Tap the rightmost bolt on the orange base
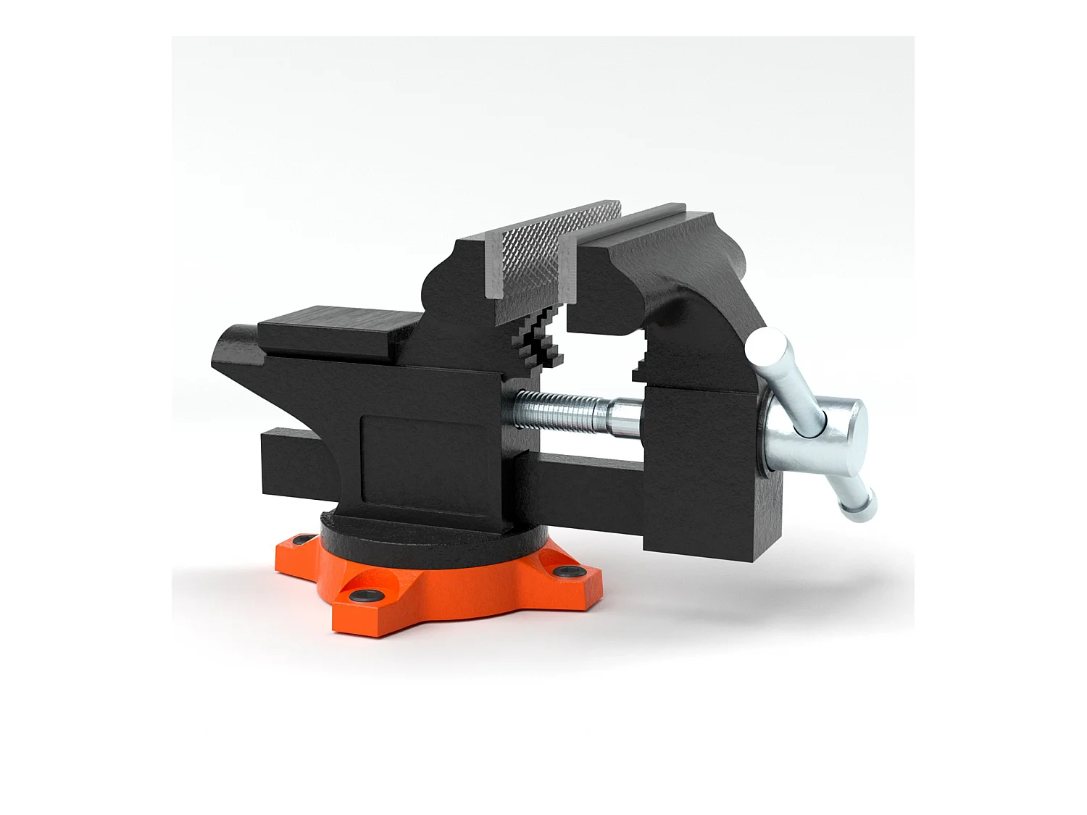(x=562, y=572)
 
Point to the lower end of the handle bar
(x=861, y=506)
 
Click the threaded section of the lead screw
(x=558, y=415)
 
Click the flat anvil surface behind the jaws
(x=333, y=330)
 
